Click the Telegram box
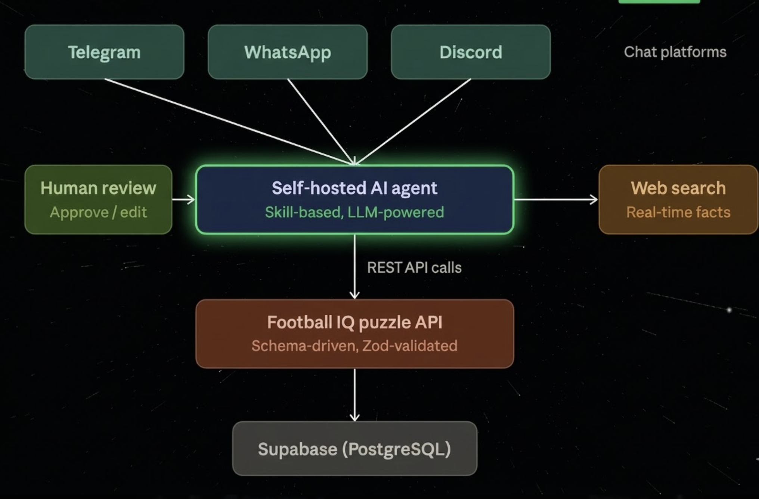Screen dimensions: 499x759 [104, 52]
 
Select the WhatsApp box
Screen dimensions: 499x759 [288, 52]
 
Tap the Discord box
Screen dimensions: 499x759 [471, 52]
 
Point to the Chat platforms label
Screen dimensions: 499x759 [675, 52]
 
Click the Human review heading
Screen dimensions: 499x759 [98, 188]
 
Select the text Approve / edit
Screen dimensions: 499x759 [98, 212]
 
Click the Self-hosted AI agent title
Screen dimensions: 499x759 [354, 188]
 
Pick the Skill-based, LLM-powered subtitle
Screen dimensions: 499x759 [354, 212]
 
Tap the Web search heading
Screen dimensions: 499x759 [678, 188]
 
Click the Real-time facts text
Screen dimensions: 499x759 [678, 212]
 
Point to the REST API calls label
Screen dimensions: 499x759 [414, 267]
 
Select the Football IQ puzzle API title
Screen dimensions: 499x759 [354, 322]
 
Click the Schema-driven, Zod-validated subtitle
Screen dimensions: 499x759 [354, 346]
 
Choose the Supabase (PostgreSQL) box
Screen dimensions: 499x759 [354, 449]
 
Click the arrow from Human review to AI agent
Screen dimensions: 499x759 [183, 199]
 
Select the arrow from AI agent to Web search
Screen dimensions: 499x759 [556, 199]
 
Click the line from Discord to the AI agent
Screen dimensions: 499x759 [413, 121]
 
